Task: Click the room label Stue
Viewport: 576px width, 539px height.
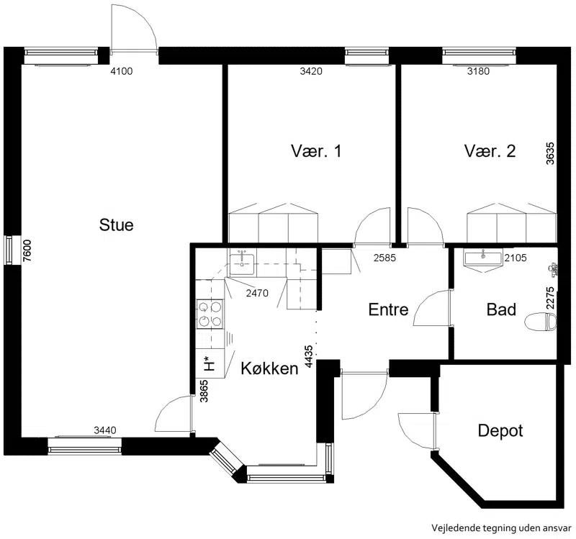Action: click(x=116, y=225)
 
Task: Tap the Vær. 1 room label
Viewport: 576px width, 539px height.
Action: click(x=316, y=151)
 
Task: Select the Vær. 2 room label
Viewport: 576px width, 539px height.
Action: click(x=490, y=151)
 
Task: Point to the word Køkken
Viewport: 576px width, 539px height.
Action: click(x=269, y=368)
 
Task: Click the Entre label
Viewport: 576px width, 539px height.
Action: click(x=388, y=309)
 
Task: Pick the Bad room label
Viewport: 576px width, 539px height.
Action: click(x=501, y=309)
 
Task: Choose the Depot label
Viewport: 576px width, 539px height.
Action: click(x=500, y=430)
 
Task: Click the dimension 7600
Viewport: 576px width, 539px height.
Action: click(x=27, y=250)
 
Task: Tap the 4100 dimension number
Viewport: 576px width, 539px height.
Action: click(x=122, y=71)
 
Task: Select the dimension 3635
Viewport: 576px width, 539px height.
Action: click(x=550, y=153)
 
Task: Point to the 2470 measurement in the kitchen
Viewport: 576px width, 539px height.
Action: click(x=257, y=293)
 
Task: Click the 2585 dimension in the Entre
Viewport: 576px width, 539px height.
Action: click(x=384, y=258)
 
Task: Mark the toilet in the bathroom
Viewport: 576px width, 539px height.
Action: click(x=541, y=322)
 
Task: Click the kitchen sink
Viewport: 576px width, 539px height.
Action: click(x=242, y=263)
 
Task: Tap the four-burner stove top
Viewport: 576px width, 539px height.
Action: click(x=210, y=314)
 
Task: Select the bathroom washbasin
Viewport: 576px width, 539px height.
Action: click(x=482, y=259)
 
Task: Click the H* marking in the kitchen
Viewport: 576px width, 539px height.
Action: click(x=208, y=363)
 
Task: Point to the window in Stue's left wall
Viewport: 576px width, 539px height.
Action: click(x=8, y=250)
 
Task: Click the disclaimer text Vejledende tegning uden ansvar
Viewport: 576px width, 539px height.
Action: click(x=501, y=528)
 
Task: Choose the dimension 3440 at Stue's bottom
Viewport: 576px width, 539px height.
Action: click(x=105, y=430)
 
